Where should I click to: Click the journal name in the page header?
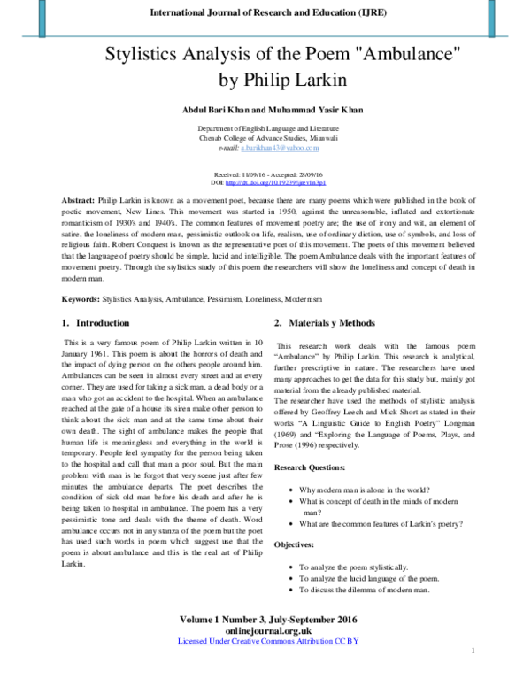click(x=265, y=12)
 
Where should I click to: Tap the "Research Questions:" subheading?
click(x=316, y=466)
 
